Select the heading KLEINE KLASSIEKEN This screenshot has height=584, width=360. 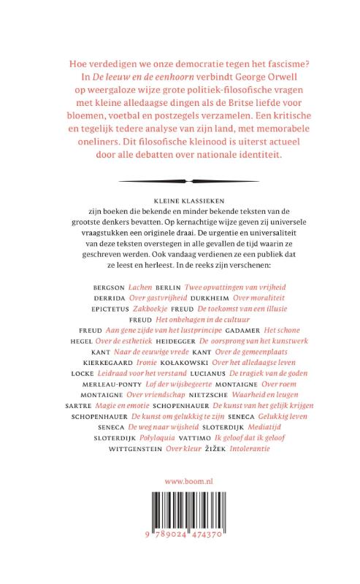click(180, 199)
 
